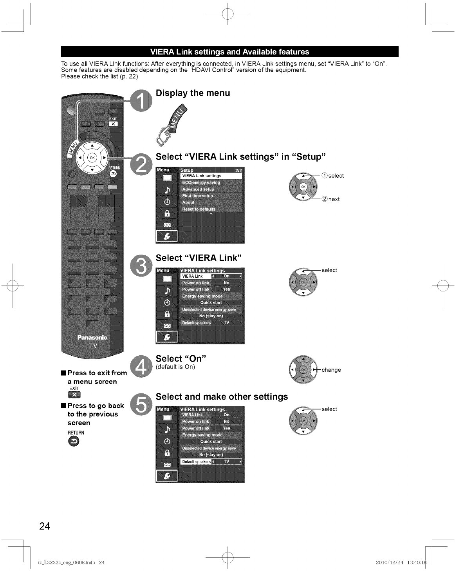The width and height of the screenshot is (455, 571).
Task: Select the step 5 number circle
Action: [x=140, y=404]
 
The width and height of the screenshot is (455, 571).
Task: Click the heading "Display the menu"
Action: [x=193, y=93]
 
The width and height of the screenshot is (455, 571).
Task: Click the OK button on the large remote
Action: [x=92, y=157]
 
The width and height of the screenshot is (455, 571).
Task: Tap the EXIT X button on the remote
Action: [x=113, y=124]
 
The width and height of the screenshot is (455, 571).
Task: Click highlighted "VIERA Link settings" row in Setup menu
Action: [x=211, y=176]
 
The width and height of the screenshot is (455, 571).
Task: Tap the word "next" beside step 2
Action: [x=334, y=199]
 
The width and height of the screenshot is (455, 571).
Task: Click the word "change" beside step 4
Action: [x=331, y=370]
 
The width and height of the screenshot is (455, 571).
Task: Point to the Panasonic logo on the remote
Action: [x=92, y=338]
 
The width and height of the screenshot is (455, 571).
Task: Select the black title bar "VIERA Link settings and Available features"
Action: [x=229, y=52]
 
